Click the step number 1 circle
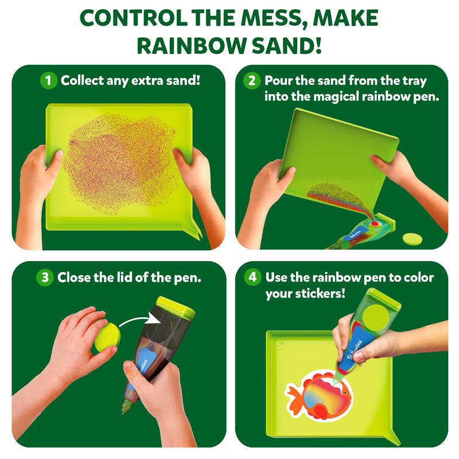[x=48, y=80]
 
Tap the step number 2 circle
[x=251, y=80]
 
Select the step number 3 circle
[x=45, y=277]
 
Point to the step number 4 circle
[x=252, y=277]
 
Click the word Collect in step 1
[x=82, y=80]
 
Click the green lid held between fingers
[x=107, y=337]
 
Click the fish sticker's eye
[x=346, y=392]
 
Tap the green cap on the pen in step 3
[x=176, y=305]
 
